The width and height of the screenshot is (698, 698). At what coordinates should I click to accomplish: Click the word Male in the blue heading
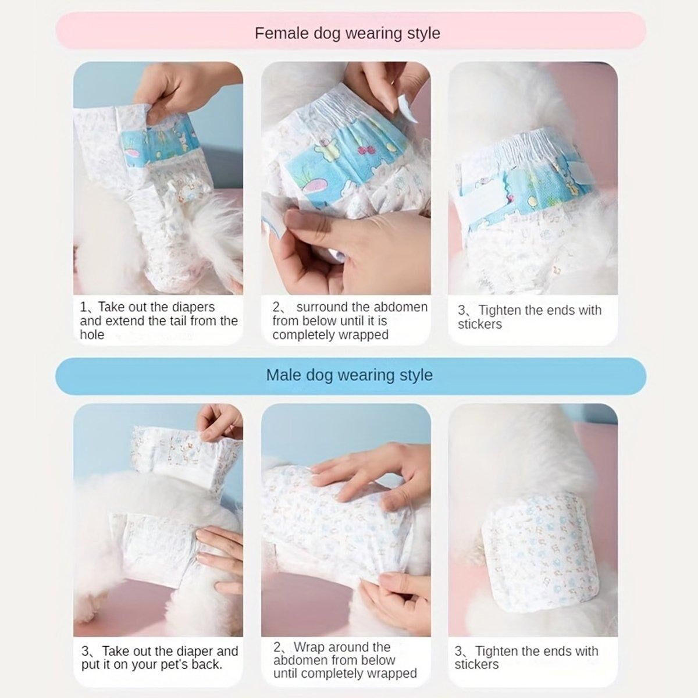point(284,375)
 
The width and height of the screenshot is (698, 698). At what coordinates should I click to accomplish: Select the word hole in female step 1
point(92,334)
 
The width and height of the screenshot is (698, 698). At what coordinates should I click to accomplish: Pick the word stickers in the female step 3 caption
point(479,324)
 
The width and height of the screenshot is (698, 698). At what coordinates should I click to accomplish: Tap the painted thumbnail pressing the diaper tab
point(298,219)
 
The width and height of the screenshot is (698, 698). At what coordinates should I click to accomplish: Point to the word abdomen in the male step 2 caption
point(297,660)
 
